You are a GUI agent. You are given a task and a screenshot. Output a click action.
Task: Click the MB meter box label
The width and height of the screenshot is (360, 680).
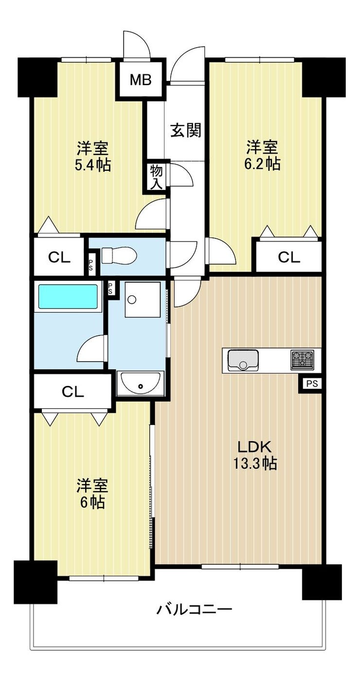141,80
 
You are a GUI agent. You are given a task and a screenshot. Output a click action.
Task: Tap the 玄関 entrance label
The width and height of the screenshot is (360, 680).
186,131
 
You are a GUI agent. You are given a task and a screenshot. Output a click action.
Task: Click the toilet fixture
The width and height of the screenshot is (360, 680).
119,255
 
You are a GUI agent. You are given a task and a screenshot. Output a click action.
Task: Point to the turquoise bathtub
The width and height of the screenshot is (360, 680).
68,296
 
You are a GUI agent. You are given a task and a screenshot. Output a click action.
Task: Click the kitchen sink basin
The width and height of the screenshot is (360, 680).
243,360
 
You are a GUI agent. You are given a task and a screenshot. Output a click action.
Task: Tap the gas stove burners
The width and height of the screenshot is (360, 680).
302,360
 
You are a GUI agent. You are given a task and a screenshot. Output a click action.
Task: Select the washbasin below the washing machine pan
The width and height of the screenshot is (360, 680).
141,383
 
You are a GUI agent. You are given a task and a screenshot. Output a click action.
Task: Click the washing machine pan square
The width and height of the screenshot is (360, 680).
143,300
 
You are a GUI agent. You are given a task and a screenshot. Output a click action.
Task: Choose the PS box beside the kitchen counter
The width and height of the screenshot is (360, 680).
311,384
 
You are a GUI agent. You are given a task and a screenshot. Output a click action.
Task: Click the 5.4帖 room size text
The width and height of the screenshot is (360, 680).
92,165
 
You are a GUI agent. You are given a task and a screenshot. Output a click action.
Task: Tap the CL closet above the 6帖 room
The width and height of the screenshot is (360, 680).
73,392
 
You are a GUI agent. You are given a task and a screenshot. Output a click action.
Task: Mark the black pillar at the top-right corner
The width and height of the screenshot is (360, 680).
324,77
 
